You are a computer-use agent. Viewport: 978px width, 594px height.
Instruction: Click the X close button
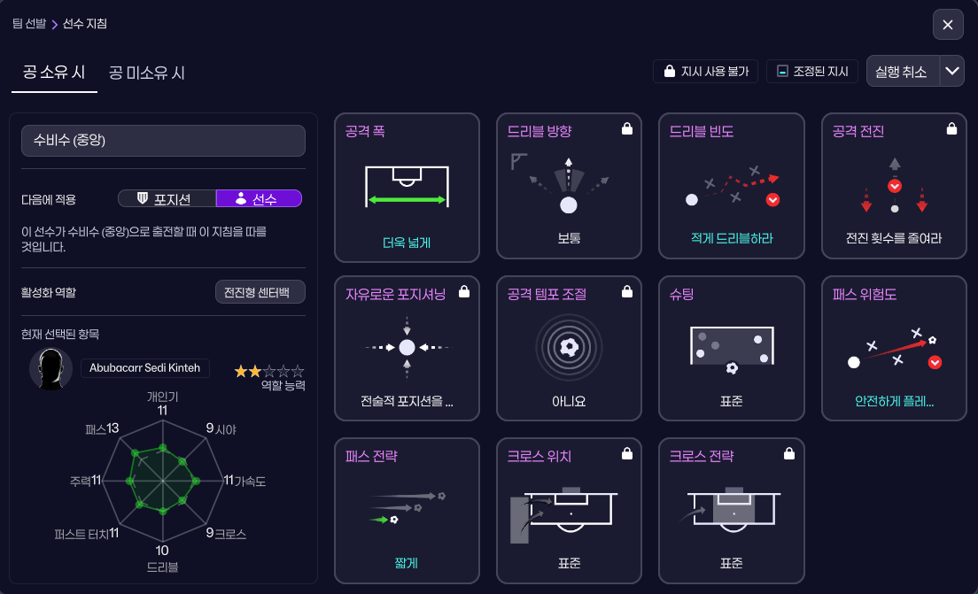pos(948,25)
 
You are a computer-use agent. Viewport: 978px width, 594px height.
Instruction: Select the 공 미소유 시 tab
pos(147,73)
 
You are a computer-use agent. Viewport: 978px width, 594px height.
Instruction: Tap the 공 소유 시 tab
pos(54,73)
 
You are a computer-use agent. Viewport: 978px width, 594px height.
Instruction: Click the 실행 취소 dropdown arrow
pos(952,72)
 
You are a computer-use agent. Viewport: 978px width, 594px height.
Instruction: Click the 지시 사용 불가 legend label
pos(705,72)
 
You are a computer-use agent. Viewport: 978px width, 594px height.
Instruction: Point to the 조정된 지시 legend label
pos(812,72)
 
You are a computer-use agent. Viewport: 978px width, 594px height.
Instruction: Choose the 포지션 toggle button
pos(167,199)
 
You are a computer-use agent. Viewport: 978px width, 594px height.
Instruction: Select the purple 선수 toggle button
pos(259,199)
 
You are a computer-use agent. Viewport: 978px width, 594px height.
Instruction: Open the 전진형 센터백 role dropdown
pos(260,293)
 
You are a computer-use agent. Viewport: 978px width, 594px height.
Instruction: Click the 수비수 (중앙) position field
pos(163,141)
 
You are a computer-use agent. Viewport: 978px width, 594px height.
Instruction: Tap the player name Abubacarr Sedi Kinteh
pos(144,368)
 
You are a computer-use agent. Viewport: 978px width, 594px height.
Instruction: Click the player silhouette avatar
pos(51,368)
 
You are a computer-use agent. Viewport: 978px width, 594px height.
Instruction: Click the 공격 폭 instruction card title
pos(365,131)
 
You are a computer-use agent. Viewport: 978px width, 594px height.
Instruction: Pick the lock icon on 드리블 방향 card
pos(627,129)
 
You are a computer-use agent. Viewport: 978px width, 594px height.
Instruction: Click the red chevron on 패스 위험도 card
pos(935,362)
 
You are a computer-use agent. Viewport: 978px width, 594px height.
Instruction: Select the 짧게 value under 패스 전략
pos(407,562)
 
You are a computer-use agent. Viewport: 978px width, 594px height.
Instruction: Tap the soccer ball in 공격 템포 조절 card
pos(569,347)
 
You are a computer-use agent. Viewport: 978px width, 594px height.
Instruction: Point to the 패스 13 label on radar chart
pos(102,428)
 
